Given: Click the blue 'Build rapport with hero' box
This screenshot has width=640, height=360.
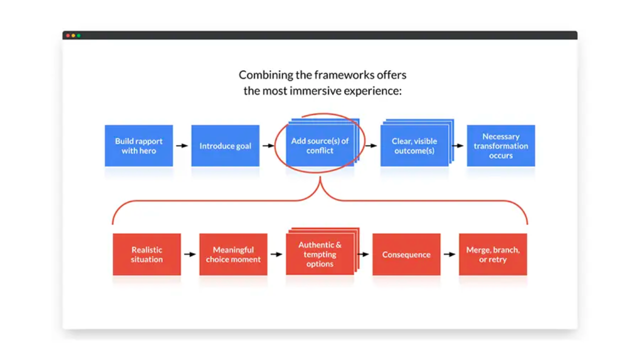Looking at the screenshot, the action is click(139, 145).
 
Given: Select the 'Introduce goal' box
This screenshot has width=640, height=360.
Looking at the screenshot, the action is click(225, 145).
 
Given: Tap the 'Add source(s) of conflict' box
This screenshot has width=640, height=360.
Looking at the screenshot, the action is click(320, 145).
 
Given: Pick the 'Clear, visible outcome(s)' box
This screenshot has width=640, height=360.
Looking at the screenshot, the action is click(414, 145).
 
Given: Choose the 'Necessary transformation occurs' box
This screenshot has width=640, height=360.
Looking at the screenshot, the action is click(501, 145).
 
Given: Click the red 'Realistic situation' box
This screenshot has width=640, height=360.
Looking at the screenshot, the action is click(147, 254).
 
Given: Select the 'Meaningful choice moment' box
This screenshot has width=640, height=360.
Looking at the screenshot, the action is click(233, 254).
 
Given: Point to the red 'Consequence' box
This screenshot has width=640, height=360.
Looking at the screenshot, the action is click(406, 254).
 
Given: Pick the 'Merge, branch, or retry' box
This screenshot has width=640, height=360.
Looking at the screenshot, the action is click(493, 254).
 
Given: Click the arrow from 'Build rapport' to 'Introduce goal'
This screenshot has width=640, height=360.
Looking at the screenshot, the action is click(182, 145).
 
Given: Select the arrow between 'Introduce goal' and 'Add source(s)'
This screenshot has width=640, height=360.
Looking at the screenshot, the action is click(268, 145).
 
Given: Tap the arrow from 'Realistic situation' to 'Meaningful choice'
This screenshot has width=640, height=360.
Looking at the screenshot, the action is click(190, 254).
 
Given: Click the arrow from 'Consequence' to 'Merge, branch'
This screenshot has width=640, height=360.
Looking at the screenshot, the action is click(449, 254).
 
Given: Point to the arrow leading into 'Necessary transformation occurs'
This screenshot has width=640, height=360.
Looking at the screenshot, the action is click(457, 145).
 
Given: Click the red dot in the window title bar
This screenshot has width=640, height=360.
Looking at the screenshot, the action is click(68, 35).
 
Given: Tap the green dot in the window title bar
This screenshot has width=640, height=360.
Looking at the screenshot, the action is click(78, 35).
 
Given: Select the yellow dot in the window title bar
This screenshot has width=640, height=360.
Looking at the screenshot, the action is click(73, 35).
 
